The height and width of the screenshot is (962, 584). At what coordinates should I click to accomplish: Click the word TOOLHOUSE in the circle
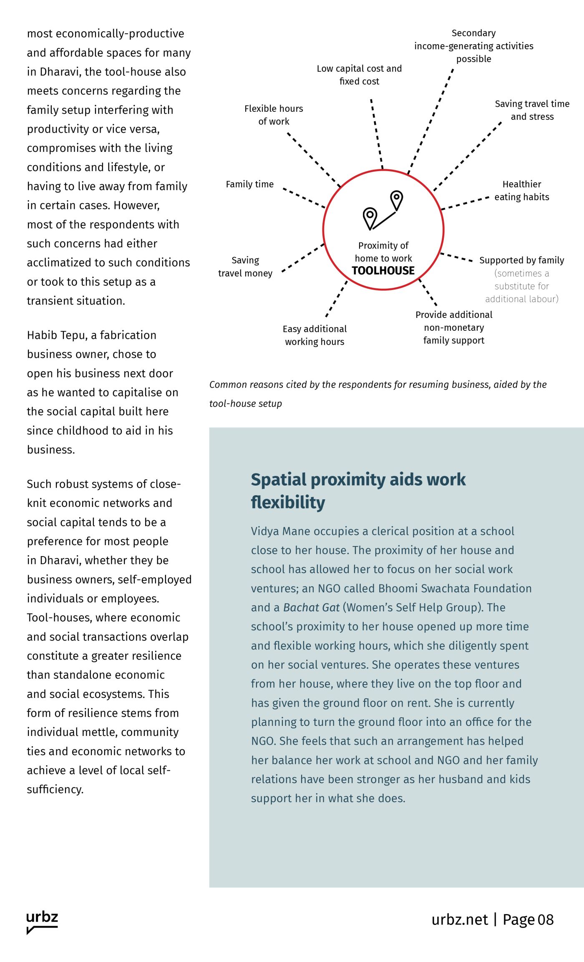(x=383, y=271)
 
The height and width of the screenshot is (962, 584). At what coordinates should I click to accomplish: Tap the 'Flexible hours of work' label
(x=274, y=115)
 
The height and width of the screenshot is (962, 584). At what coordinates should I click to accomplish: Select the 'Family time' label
(x=249, y=184)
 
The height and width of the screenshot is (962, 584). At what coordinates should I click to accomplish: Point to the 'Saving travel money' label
(x=245, y=267)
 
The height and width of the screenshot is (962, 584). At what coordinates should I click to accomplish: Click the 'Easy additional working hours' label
(x=315, y=335)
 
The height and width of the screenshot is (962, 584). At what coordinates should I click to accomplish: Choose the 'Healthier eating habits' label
(x=521, y=190)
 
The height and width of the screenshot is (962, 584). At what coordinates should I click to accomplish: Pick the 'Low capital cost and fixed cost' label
(x=359, y=75)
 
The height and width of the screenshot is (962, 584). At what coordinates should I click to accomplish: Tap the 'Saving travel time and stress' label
(x=532, y=110)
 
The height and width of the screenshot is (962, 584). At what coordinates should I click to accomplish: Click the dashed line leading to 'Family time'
(x=303, y=197)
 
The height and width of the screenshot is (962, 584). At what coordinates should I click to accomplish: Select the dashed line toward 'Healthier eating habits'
(x=465, y=203)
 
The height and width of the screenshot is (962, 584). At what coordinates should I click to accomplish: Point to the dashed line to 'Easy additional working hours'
(x=336, y=299)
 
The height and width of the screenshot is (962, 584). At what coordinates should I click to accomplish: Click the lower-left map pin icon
(x=370, y=218)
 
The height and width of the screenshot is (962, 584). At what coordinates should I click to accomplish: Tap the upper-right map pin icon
(x=396, y=199)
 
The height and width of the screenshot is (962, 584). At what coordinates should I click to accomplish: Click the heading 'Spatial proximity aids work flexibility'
(x=358, y=491)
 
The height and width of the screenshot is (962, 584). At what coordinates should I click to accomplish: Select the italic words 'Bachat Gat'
(x=311, y=607)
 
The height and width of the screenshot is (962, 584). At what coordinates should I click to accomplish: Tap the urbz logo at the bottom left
(x=42, y=922)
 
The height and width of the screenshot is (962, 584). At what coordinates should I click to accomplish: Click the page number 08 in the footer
(x=545, y=919)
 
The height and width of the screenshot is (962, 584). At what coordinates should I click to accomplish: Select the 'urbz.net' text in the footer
(x=459, y=919)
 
